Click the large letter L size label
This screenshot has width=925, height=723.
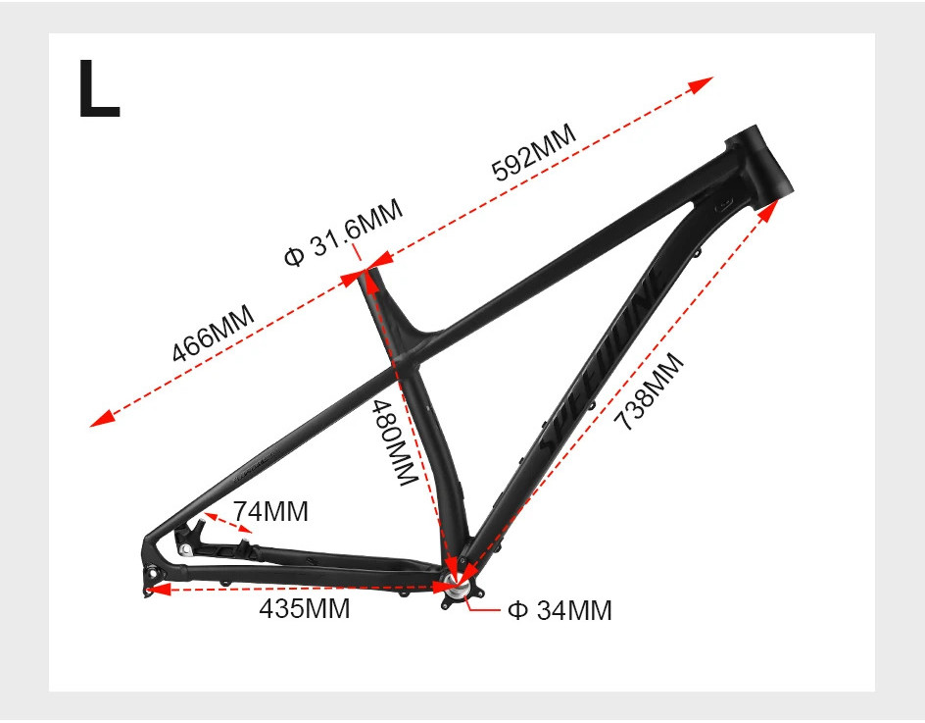click(x=98, y=89)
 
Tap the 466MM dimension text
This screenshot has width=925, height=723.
click(x=213, y=335)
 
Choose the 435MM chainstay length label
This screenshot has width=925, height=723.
click(x=304, y=608)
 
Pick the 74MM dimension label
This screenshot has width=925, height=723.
click(x=270, y=511)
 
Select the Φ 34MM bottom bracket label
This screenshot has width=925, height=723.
click(x=560, y=610)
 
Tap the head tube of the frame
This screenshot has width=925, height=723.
click(x=757, y=163)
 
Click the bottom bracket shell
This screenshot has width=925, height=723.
click(x=457, y=588)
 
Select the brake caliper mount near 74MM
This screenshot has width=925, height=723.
click(x=192, y=535)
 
